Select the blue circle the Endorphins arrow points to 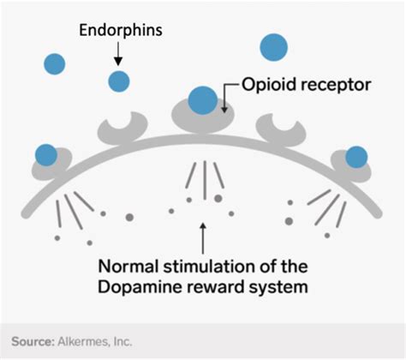pos(118,81)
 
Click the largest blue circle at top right pos(274,47)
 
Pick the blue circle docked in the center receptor pos(202,99)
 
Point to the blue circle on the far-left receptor pos(46,155)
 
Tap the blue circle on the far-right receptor pos(355,156)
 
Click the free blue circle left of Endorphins pos(55,63)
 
